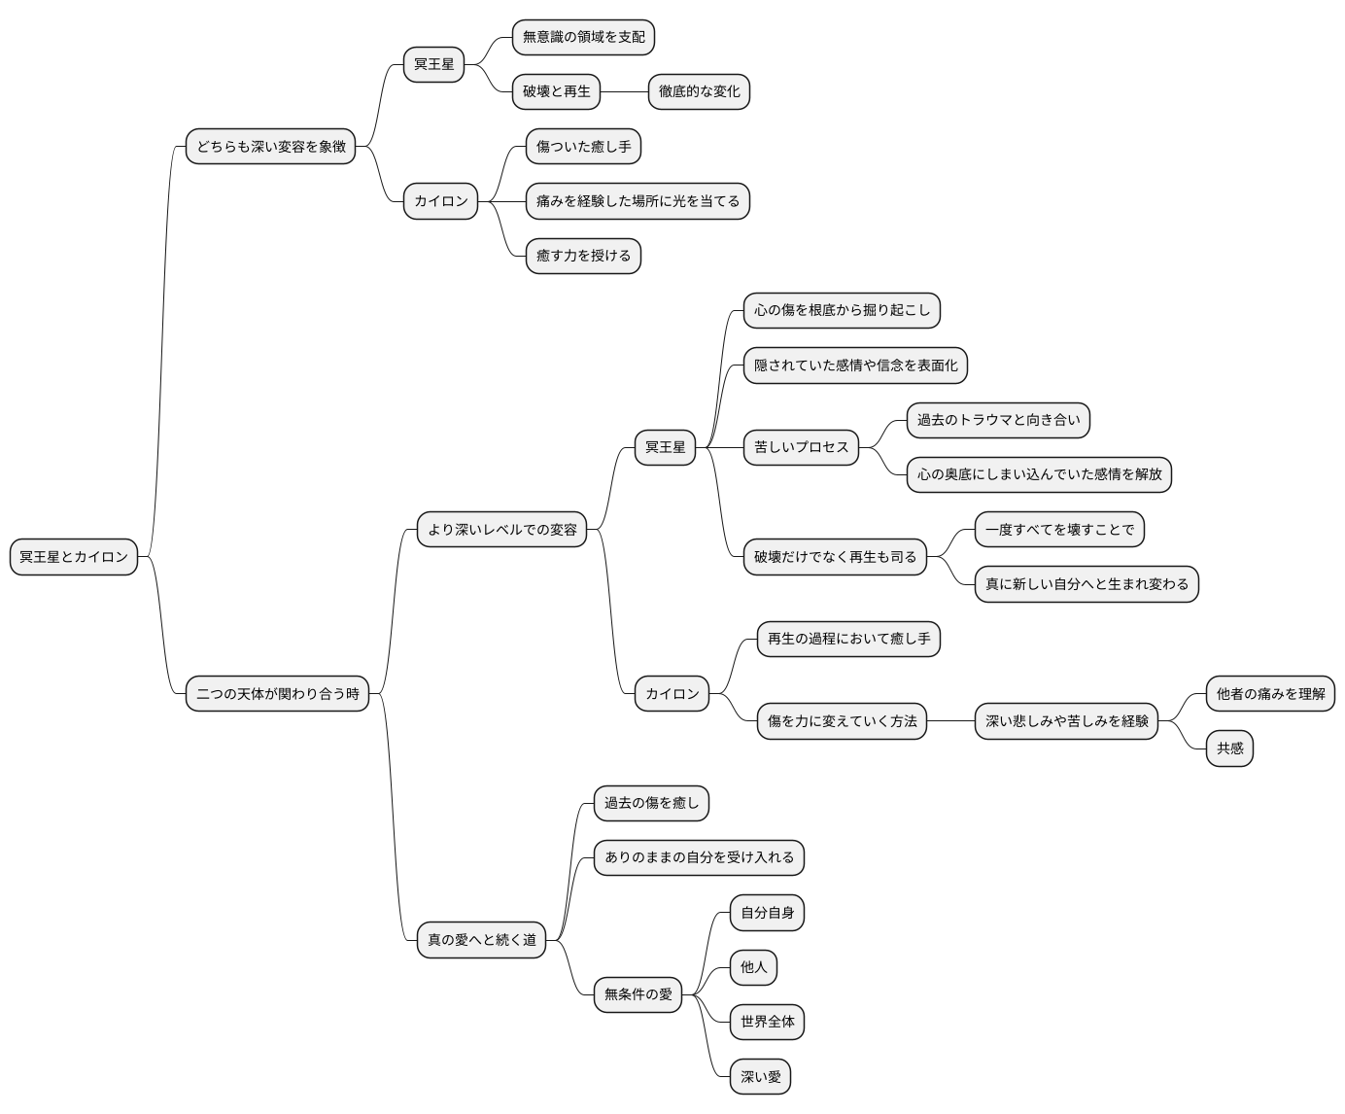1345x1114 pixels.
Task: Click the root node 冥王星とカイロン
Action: click(x=74, y=557)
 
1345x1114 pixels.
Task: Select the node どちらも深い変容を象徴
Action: click(x=270, y=146)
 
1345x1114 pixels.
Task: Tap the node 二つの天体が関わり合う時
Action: click(x=277, y=693)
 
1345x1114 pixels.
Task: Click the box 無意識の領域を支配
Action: click(x=583, y=37)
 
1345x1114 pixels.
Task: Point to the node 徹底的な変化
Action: click(x=699, y=91)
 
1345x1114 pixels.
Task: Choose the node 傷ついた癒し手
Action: click(x=583, y=146)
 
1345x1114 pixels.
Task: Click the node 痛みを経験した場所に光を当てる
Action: click(x=638, y=201)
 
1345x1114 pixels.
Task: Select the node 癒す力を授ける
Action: click(x=583, y=256)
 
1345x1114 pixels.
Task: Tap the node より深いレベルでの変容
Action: click(x=501, y=529)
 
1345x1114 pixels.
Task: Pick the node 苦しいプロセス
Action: click(x=801, y=447)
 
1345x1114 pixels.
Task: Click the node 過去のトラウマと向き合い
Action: click(x=998, y=420)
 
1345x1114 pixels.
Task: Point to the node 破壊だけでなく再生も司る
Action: click(x=835, y=557)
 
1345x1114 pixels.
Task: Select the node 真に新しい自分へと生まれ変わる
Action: click(x=1086, y=584)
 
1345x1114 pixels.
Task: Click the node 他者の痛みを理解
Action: click(x=1270, y=693)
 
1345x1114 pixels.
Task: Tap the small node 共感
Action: click(x=1229, y=748)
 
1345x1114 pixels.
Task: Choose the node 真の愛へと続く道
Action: click(x=481, y=939)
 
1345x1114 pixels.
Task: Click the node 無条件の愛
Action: click(x=638, y=994)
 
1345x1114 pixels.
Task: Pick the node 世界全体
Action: click(x=767, y=1022)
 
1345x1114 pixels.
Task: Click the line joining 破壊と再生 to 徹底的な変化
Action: click(x=624, y=91)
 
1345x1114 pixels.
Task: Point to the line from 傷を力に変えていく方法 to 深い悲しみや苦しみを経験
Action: click(x=950, y=721)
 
